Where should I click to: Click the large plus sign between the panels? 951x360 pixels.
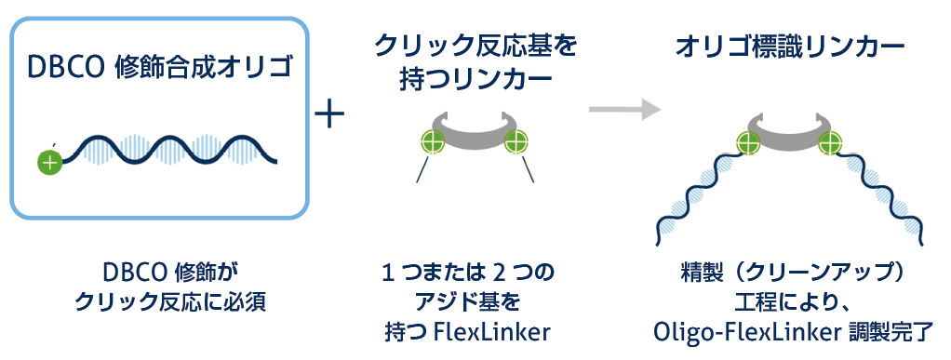[x=330, y=114]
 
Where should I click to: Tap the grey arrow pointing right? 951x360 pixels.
[x=624, y=110]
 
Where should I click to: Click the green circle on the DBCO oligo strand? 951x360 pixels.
[x=49, y=163]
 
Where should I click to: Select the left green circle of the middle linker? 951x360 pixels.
[x=433, y=142]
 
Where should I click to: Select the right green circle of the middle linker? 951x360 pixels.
[x=516, y=142]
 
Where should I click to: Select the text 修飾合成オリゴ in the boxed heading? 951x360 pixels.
[x=202, y=69]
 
